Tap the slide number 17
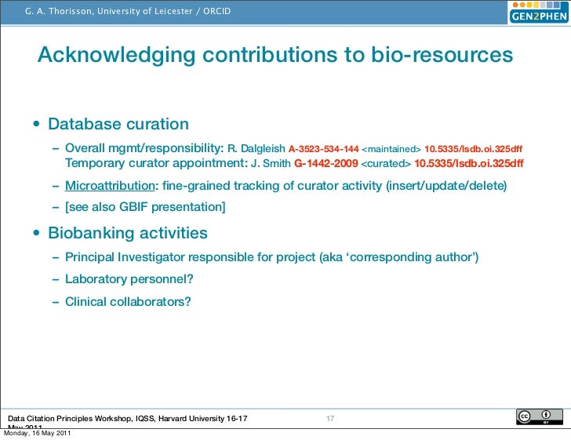tap(330, 418)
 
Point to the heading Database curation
tap(118, 124)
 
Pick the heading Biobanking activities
tap(127, 233)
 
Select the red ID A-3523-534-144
tap(324, 147)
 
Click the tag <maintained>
tap(391, 147)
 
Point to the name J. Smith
tap(271, 163)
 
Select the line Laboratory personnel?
tap(129, 278)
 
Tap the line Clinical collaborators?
tap(128, 300)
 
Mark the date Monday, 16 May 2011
tap(38, 434)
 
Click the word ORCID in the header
tap(216, 11)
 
